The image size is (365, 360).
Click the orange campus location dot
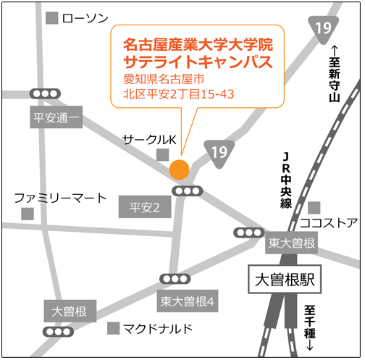179,169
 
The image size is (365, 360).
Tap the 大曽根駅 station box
285,280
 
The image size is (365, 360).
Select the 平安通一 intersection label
56,117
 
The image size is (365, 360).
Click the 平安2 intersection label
145,207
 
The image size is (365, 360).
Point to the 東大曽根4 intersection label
188,301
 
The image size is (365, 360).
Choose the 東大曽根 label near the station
291,243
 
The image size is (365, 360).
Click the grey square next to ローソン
52,18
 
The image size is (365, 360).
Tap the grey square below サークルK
163,155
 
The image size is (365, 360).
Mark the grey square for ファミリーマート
28,214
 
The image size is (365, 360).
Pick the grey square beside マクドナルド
114,328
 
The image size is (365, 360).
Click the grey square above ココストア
314,208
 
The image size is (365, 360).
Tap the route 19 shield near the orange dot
219,154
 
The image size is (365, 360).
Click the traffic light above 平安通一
45,93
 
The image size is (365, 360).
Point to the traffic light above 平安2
188,191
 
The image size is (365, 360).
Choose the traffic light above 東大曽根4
175,279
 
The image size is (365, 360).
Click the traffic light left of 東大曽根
249,233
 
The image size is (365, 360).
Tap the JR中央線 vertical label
286,180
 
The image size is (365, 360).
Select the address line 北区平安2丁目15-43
179,94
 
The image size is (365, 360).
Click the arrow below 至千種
310,346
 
